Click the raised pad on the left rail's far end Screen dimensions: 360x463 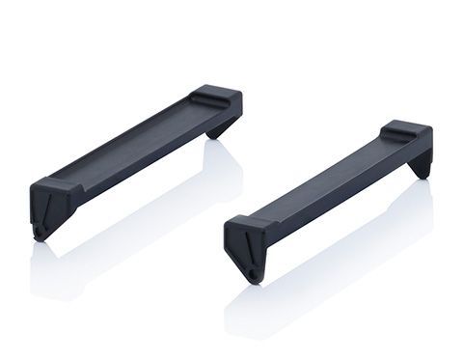pyautogui.click(x=214, y=95)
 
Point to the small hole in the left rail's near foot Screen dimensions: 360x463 pyautogui.click(x=40, y=232)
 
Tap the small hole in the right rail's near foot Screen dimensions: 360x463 pyautogui.click(x=253, y=276)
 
